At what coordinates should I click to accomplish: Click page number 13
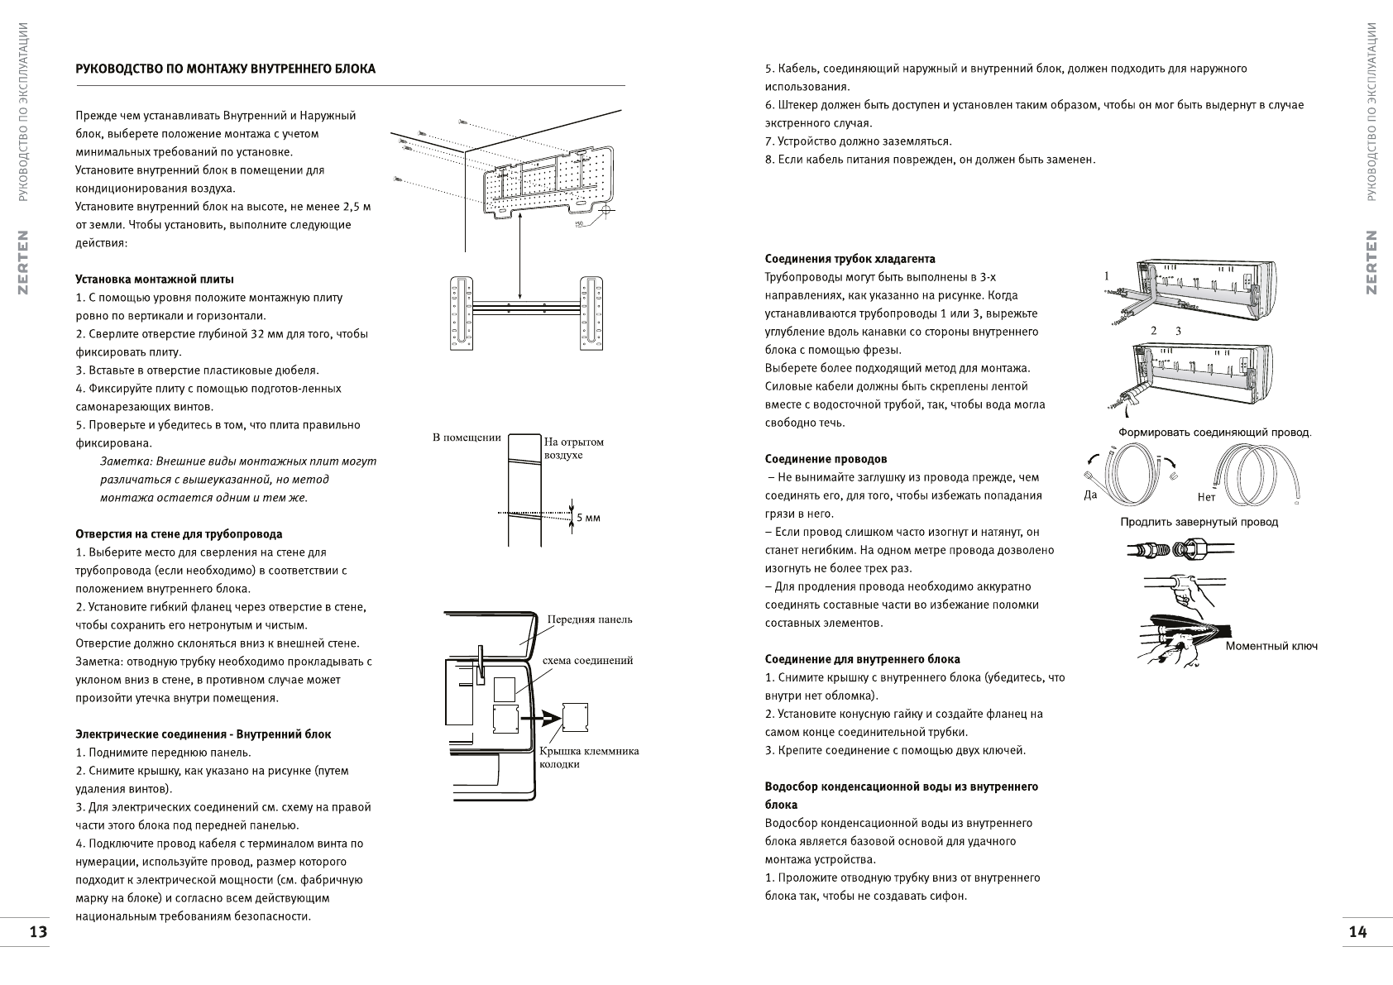tap(38, 932)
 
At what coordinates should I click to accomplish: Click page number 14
tap(1357, 932)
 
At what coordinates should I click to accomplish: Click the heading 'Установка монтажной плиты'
tap(155, 280)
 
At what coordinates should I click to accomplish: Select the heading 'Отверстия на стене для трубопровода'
tap(179, 534)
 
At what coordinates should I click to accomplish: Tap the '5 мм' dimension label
tap(588, 518)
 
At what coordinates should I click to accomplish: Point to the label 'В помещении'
tap(467, 438)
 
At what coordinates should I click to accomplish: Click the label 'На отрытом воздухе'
tap(574, 448)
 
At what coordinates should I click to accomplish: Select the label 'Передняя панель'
tap(590, 619)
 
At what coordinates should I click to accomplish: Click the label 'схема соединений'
tap(587, 661)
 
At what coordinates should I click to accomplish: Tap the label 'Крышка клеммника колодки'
tap(588, 758)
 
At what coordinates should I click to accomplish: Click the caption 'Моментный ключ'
tap(1271, 646)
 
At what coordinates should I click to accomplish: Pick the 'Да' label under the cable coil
tap(1090, 495)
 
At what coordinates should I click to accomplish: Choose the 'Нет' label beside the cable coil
tap(1206, 497)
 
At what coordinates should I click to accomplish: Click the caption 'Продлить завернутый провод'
tap(1199, 522)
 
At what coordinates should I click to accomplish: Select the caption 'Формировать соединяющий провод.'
tap(1214, 433)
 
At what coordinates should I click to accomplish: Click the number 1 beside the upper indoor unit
tap(1107, 276)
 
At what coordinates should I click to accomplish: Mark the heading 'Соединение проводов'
tap(826, 459)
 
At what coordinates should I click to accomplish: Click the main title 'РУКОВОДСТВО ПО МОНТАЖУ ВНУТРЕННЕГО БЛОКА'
tap(225, 69)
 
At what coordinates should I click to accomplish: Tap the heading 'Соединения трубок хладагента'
tap(850, 259)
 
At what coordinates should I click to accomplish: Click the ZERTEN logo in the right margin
tap(1371, 262)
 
